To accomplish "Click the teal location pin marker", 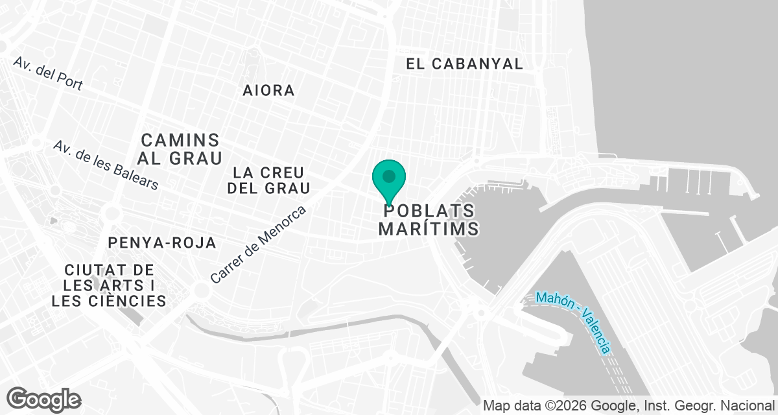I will (x=389, y=179).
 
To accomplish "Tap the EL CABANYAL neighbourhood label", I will (x=464, y=64).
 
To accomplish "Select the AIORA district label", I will (x=268, y=90).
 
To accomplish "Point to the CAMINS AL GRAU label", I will (x=181, y=148).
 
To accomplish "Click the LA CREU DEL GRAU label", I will (x=271, y=180).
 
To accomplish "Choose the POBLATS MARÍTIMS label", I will (x=429, y=220).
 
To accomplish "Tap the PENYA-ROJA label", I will (x=162, y=243).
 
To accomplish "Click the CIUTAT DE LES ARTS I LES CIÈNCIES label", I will (x=109, y=285).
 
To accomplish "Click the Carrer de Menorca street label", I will (x=258, y=244).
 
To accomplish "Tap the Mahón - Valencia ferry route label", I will (x=573, y=322).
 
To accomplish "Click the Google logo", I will (x=43, y=399).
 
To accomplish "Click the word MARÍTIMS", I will (x=429, y=229).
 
